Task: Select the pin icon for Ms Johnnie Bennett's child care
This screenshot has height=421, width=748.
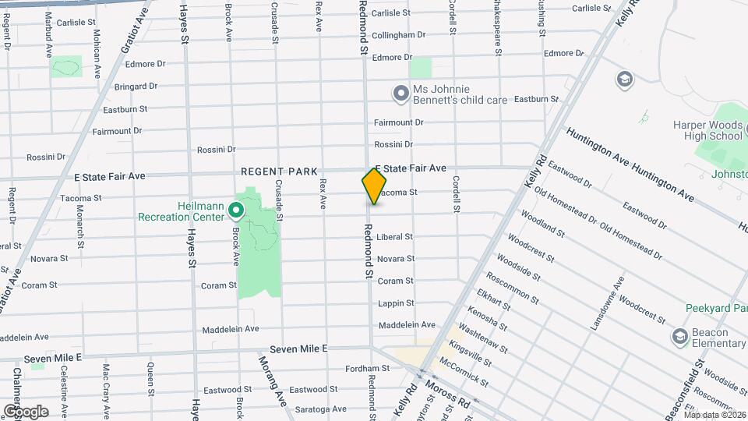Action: coord(400,94)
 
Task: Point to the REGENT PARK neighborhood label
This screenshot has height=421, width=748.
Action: coord(279,172)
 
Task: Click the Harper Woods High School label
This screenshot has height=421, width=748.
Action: coord(707,131)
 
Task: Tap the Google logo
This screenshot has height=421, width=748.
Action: coord(25,411)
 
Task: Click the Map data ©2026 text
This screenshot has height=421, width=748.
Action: coord(714,414)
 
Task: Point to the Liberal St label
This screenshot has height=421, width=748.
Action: coord(394,237)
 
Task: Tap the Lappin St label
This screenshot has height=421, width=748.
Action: coord(394,303)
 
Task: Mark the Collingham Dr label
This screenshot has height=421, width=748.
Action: coord(398,35)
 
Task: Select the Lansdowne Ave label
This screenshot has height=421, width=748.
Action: coord(608,302)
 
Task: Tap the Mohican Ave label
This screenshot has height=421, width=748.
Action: coord(97,55)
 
